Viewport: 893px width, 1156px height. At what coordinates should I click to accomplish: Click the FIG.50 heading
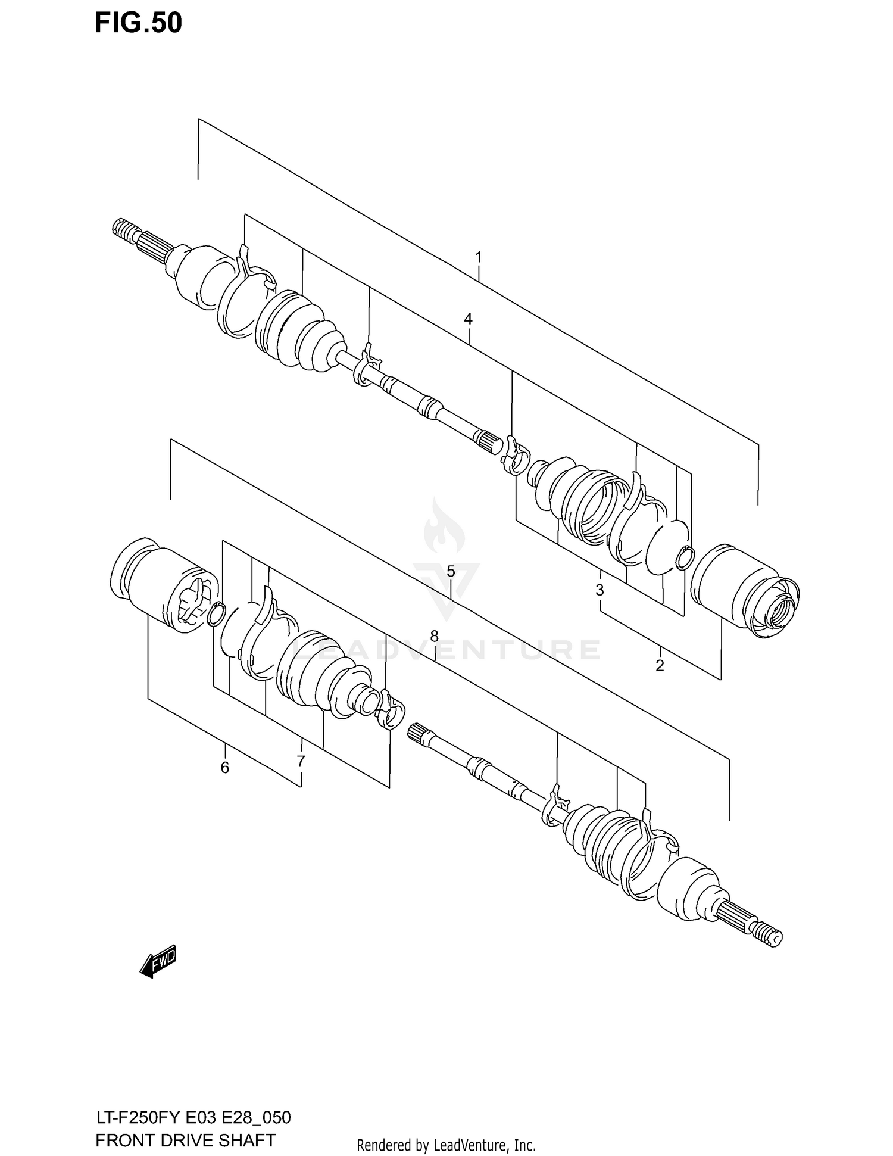(138, 23)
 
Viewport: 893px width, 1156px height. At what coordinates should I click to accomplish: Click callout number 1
(478, 257)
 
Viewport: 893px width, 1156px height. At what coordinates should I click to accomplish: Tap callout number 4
(469, 319)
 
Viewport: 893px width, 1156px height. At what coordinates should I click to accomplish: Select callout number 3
(600, 590)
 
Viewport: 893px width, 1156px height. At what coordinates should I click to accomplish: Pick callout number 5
(451, 572)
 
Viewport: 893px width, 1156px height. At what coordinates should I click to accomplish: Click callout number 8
(435, 636)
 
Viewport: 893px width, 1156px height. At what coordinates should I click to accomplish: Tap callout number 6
(224, 768)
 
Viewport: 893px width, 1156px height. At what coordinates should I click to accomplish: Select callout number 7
(301, 761)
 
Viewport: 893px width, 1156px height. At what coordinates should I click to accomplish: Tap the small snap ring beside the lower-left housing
(216, 614)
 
